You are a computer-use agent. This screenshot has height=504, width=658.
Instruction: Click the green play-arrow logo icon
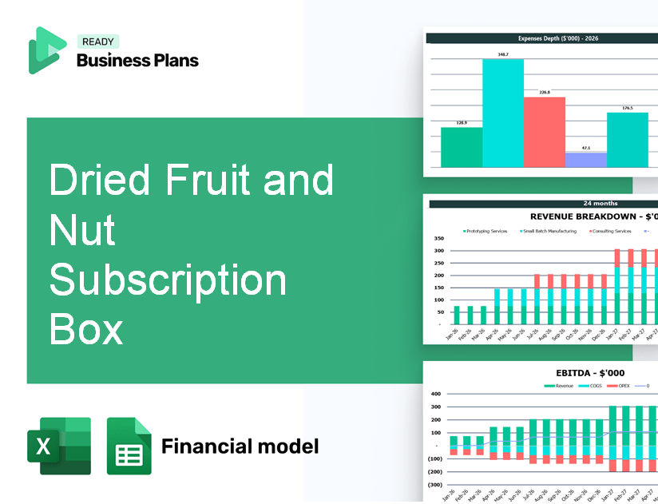(x=46, y=50)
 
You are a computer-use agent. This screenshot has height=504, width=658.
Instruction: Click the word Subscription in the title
(x=168, y=280)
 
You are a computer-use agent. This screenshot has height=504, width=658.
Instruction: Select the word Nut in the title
(x=82, y=231)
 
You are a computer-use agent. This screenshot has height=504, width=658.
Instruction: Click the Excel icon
(x=59, y=446)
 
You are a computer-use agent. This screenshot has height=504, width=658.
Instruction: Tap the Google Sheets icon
(x=129, y=446)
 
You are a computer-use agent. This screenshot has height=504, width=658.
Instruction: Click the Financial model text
(x=240, y=446)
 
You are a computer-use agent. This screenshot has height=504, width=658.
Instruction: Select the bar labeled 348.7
(x=503, y=113)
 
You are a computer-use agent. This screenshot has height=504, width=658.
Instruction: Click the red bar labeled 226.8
(x=545, y=132)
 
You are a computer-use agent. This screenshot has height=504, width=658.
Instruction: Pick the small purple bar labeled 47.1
(x=585, y=160)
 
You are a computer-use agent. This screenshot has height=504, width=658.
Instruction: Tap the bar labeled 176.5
(x=628, y=140)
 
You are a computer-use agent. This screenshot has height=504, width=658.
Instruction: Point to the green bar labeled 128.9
(x=462, y=147)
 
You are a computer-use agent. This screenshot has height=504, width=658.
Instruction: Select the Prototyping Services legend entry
(x=486, y=231)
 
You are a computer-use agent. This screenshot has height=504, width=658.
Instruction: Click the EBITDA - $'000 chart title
(x=590, y=372)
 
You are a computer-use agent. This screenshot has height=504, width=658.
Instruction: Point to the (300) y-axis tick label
(x=436, y=484)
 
